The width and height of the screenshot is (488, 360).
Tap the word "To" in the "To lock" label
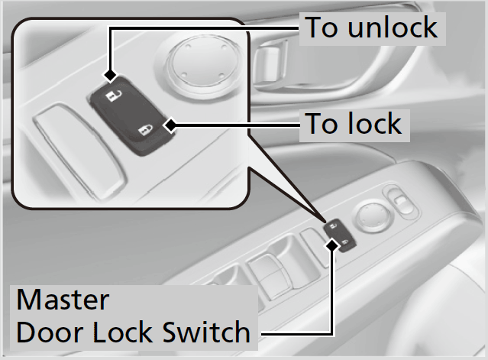pyautogui.click(x=321, y=122)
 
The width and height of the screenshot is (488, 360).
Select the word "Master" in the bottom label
pyautogui.click(x=63, y=299)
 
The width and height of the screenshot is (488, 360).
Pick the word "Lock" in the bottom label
pyautogui.click(x=120, y=332)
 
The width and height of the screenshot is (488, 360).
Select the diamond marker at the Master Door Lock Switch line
pyautogui.click(x=332, y=244)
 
